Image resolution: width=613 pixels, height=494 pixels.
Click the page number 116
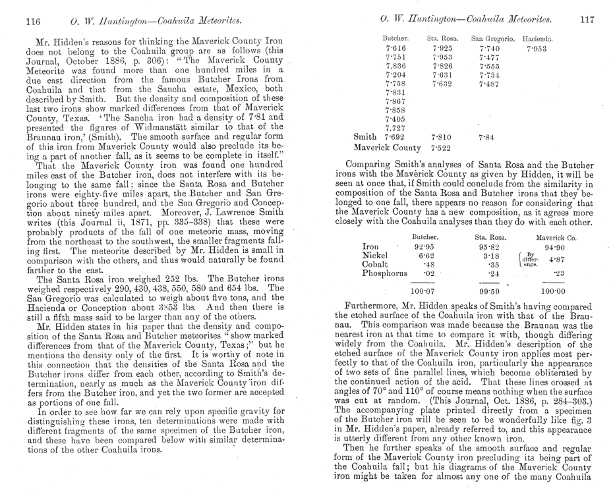[x=32, y=20]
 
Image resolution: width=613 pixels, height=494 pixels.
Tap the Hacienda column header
[x=537, y=40]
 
